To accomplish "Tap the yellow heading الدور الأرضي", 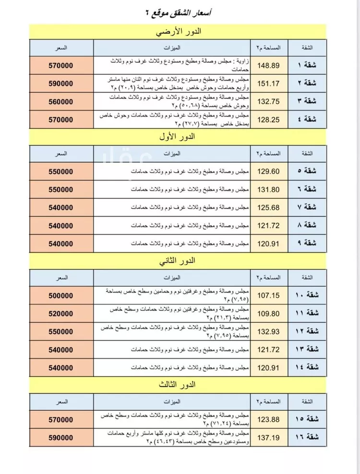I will click(179, 32).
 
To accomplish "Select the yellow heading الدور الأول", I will click(179, 137).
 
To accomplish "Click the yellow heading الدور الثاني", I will click(179, 261).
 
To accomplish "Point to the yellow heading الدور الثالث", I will click(179, 385).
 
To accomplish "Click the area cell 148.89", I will click(268, 65).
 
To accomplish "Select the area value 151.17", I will click(268, 83).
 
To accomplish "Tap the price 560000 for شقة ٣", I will click(61, 102).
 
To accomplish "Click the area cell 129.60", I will click(268, 171).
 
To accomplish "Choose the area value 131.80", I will click(268, 189).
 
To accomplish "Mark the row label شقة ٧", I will click(307, 207).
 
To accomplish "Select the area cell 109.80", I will click(268, 313).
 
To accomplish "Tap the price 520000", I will click(61, 313).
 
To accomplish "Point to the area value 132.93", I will click(268, 331).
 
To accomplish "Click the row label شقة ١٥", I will click(307, 419).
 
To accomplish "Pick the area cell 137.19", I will click(268, 438).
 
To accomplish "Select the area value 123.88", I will click(268, 419).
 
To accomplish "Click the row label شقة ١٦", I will click(307, 438).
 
